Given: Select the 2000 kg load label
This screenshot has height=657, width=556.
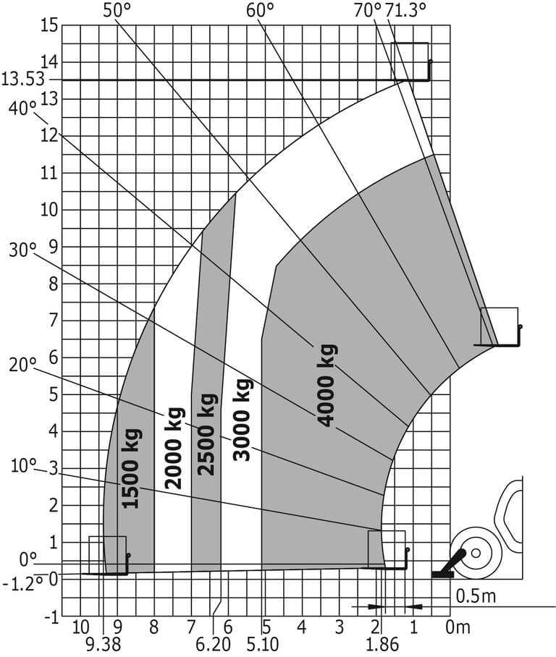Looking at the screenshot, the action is click(174, 449).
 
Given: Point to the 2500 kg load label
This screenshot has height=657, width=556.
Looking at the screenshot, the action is click(208, 434).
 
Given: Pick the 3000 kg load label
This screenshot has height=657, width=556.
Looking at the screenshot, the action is click(243, 420).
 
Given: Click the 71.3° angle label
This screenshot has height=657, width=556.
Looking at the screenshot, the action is click(402, 10).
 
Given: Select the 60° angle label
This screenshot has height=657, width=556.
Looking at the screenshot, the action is click(260, 10).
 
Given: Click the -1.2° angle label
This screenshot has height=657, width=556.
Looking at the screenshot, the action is click(22, 583).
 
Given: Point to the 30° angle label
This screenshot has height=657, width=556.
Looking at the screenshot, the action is click(22, 250).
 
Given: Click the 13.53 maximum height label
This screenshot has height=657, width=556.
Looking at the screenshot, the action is click(22, 79).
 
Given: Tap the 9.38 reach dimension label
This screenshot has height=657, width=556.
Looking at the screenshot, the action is click(103, 645).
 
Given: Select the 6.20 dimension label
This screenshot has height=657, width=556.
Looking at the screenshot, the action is click(214, 645).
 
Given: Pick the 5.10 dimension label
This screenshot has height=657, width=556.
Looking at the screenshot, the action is click(263, 645).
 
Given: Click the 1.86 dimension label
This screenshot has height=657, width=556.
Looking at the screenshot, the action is click(382, 645).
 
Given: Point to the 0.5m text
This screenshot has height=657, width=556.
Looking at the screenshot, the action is click(476, 596).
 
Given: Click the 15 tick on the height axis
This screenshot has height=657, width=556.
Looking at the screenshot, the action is click(49, 25).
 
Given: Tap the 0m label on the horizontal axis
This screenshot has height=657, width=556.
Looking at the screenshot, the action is click(458, 627).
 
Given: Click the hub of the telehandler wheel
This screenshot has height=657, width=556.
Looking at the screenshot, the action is click(476, 553).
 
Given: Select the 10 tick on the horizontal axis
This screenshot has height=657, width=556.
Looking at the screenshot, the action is click(80, 627).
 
